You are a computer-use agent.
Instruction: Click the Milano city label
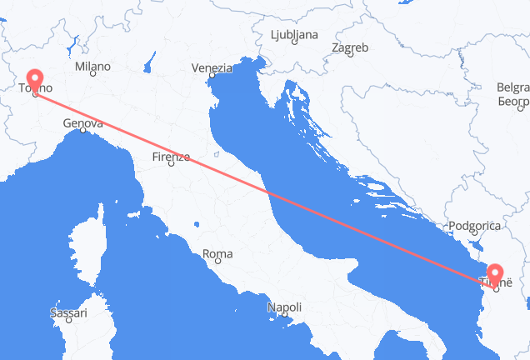coord(92,66)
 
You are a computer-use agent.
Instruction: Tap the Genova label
coord(82,124)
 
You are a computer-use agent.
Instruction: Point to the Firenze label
coord(172,156)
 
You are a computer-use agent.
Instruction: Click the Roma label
coord(217,253)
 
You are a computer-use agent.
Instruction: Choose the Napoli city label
coord(284,308)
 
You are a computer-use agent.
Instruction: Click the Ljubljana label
coord(294,35)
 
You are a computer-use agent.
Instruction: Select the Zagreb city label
coord(350,48)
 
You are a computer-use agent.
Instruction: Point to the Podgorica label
coord(473,226)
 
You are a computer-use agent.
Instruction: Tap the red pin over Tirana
coord(496,274)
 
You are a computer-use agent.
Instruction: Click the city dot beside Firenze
coord(171,163)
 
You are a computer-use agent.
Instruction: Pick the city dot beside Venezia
coord(212,75)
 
